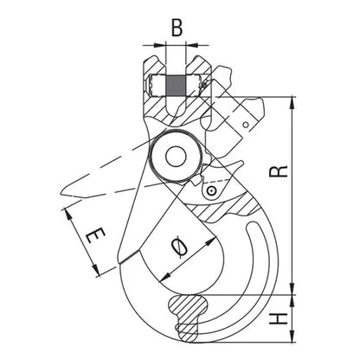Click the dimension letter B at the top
pyautogui.click(x=177, y=29)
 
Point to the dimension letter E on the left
pyautogui.click(x=95, y=235)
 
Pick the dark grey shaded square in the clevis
pyautogui.click(x=176, y=86)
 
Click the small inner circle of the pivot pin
pyautogui.click(x=176, y=156)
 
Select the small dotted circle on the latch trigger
pyautogui.click(x=211, y=190)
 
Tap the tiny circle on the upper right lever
pyautogui.click(x=246, y=125)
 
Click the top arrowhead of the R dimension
pyautogui.click(x=292, y=102)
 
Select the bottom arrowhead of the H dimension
pyautogui.click(x=292, y=337)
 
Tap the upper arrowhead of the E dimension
pyautogui.click(x=68, y=215)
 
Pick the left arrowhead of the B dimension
pyautogui.click(x=160, y=45)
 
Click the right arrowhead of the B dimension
pyautogui.click(x=192, y=45)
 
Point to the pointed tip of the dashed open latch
pyautogui.click(x=60, y=193)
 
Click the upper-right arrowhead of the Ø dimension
pyautogui.click(x=211, y=241)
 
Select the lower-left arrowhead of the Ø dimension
pyautogui.click(x=165, y=277)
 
